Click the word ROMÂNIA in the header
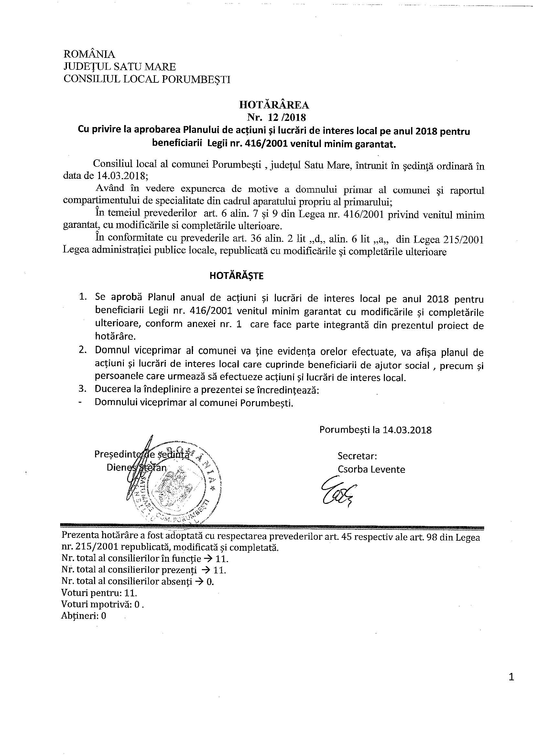pos(89,54)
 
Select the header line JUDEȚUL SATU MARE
pos(120,67)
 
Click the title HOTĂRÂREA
pos(274,105)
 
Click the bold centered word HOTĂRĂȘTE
pos(236,276)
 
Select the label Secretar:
pos(357,456)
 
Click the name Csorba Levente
pos(371,469)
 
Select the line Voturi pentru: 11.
pos(99,593)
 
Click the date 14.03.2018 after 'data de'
pos(122,175)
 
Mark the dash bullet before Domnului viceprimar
pos(81,403)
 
